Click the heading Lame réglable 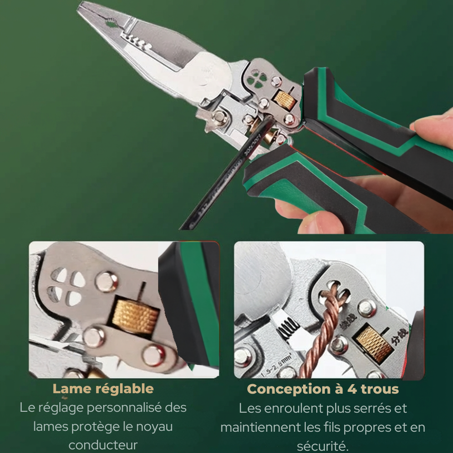click(x=103, y=389)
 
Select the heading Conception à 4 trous click(x=323, y=389)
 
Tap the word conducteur click(x=103, y=445)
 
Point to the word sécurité click(x=323, y=446)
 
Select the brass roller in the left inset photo click(x=136, y=315)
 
